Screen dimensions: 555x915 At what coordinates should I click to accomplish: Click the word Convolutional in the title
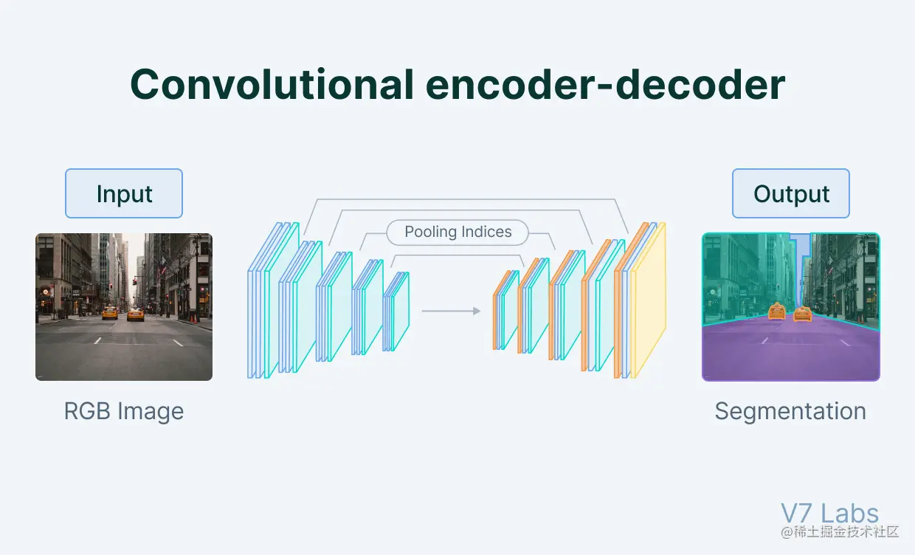[x=272, y=86]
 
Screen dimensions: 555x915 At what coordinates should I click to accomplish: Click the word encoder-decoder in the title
[x=605, y=86]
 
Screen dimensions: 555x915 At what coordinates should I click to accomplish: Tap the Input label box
[x=124, y=193]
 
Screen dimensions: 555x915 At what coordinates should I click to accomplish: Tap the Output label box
[x=791, y=193]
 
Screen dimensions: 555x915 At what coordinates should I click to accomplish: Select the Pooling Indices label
[x=457, y=232]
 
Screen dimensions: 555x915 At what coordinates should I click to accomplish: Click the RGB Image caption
[x=124, y=411]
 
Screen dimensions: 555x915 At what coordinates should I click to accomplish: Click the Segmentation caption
[x=790, y=411]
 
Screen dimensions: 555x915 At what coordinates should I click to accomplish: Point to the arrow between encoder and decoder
[x=451, y=311]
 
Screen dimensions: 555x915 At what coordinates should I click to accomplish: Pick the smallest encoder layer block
[x=396, y=311]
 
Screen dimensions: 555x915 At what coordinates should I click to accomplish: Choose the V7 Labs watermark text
[x=829, y=514]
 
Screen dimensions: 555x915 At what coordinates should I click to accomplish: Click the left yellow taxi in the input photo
[x=109, y=313]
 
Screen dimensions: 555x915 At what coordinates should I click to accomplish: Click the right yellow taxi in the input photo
[x=135, y=314]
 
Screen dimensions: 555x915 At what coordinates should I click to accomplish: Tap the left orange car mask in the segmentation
[x=776, y=311]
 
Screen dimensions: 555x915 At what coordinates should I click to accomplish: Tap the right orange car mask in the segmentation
[x=802, y=314]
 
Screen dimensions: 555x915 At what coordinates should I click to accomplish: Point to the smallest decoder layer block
[x=506, y=310]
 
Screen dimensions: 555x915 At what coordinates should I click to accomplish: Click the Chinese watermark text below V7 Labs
[x=840, y=531]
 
